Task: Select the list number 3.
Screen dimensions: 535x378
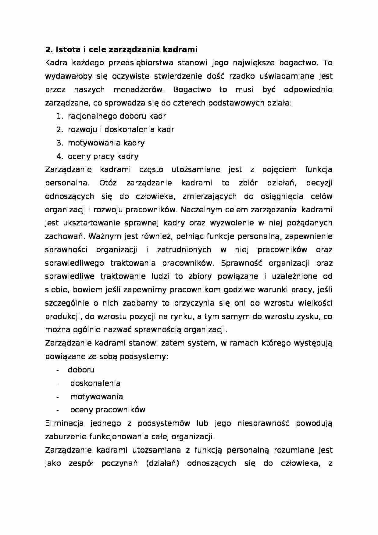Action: click(x=59, y=143)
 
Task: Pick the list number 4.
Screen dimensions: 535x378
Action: click(x=59, y=156)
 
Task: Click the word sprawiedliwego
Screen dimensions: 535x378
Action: click(x=74, y=263)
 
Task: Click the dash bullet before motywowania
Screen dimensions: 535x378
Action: click(x=57, y=397)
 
